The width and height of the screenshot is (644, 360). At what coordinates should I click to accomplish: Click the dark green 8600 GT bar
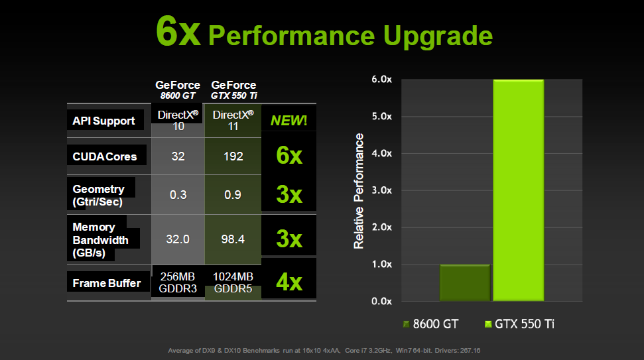[x=464, y=283]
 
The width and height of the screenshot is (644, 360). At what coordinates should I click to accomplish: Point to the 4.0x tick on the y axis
[x=382, y=153]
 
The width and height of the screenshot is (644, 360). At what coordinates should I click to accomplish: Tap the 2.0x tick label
[x=382, y=227]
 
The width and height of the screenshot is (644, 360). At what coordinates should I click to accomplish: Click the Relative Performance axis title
[x=359, y=191]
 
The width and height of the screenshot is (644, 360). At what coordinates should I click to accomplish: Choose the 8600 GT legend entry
[x=430, y=324]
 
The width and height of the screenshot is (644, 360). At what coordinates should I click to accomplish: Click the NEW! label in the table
[x=289, y=121]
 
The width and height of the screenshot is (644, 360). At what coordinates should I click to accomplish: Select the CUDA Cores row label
[x=105, y=156]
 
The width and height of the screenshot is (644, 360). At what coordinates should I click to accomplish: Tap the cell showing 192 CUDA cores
[x=233, y=156]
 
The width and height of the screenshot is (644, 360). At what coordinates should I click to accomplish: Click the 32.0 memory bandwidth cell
[x=177, y=239]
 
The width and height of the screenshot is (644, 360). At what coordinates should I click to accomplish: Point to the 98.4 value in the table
[x=233, y=239]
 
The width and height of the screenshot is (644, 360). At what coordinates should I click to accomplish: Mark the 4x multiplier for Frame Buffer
[x=289, y=282]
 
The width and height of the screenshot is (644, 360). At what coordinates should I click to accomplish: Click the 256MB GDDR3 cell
[x=177, y=283]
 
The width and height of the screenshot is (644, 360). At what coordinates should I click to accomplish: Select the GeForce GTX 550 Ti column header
[x=233, y=90]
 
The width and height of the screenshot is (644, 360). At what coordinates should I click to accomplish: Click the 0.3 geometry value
[x=177, y=195]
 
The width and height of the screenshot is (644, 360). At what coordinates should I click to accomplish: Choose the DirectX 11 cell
[x=233, y=120]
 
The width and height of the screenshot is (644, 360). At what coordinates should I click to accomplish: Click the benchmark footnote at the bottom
[x=322, y=350]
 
